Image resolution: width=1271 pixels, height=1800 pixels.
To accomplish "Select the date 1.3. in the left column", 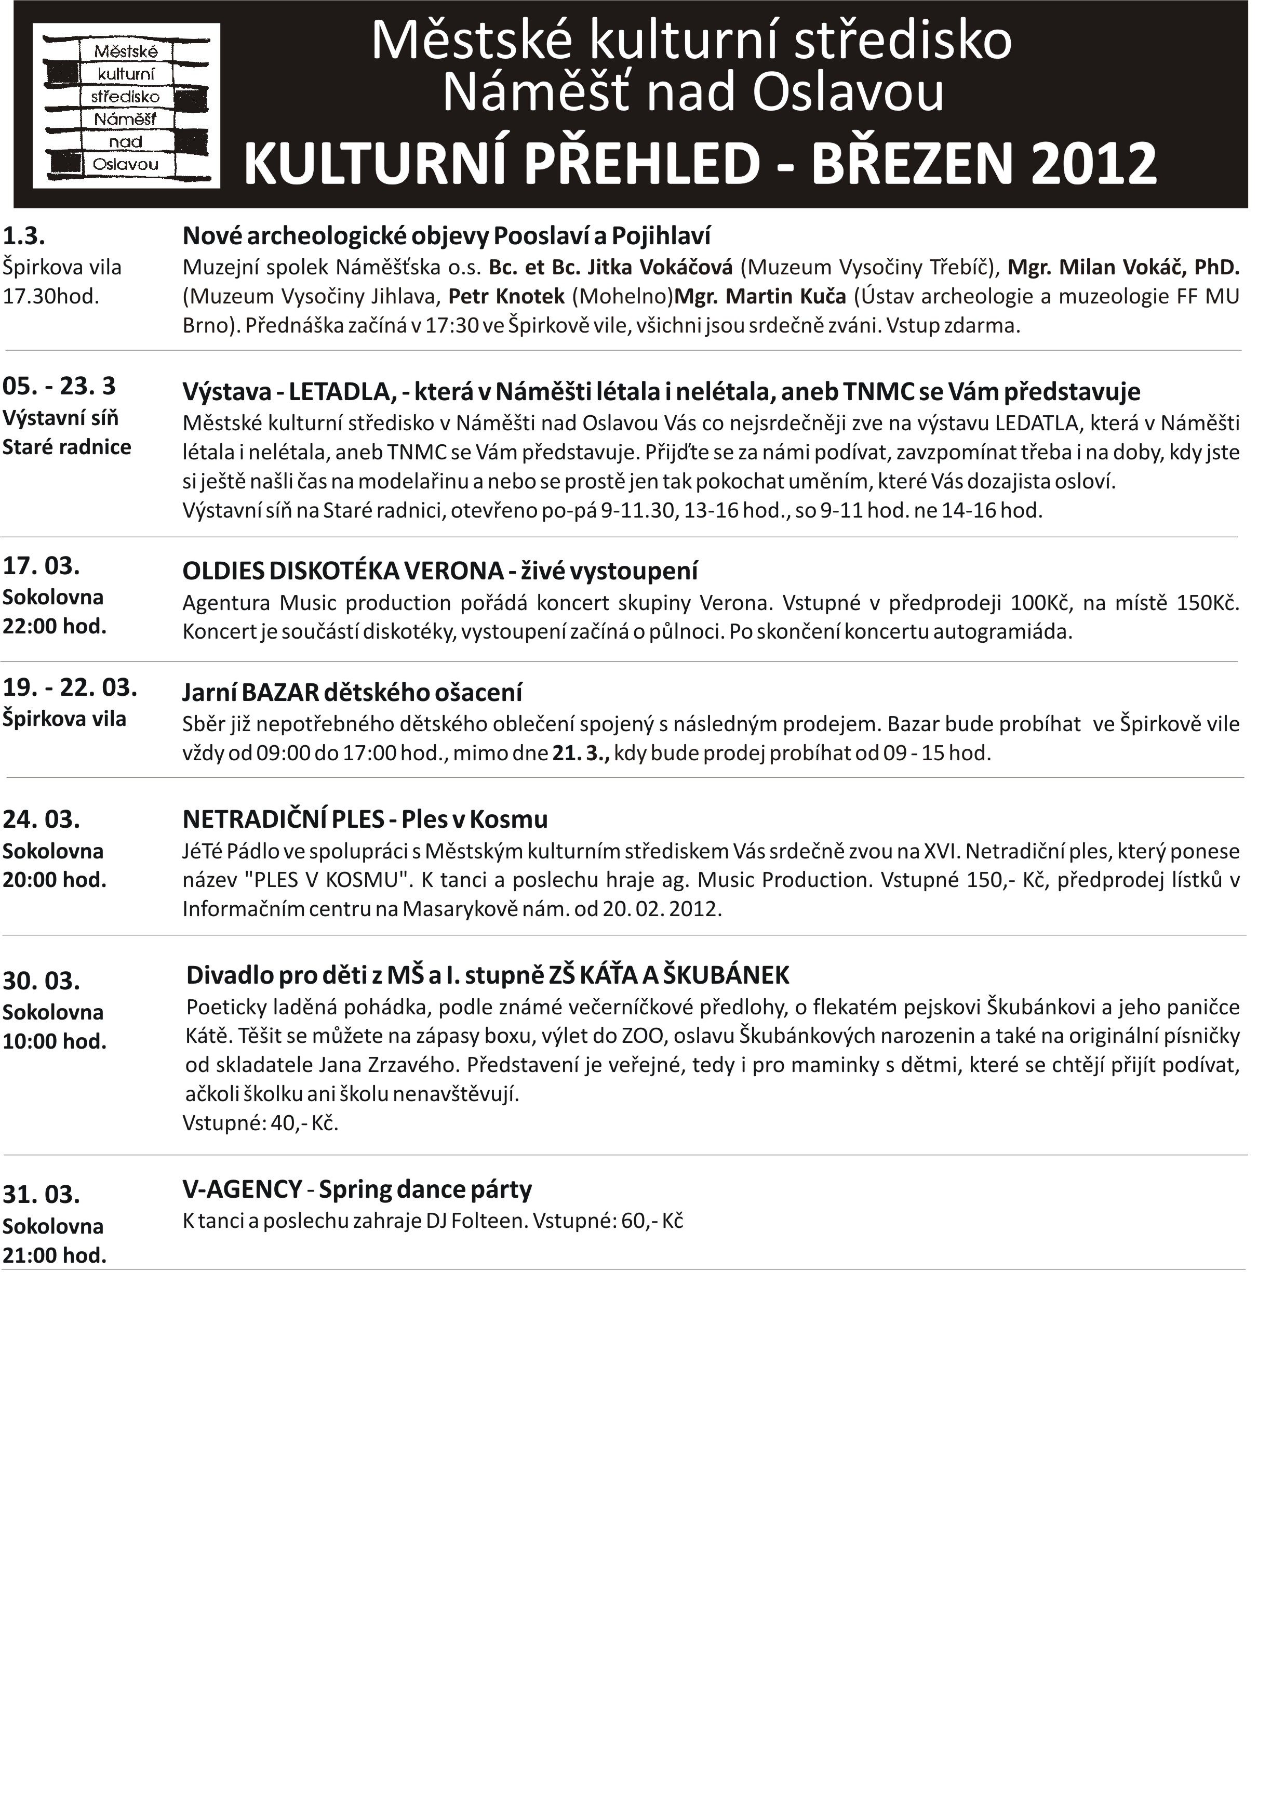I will click(x=24, y=235).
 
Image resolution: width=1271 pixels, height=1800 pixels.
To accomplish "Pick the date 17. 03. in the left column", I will click(x=42, y=566).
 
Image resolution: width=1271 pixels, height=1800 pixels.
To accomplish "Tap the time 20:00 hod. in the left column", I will click(x=54, y=880).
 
